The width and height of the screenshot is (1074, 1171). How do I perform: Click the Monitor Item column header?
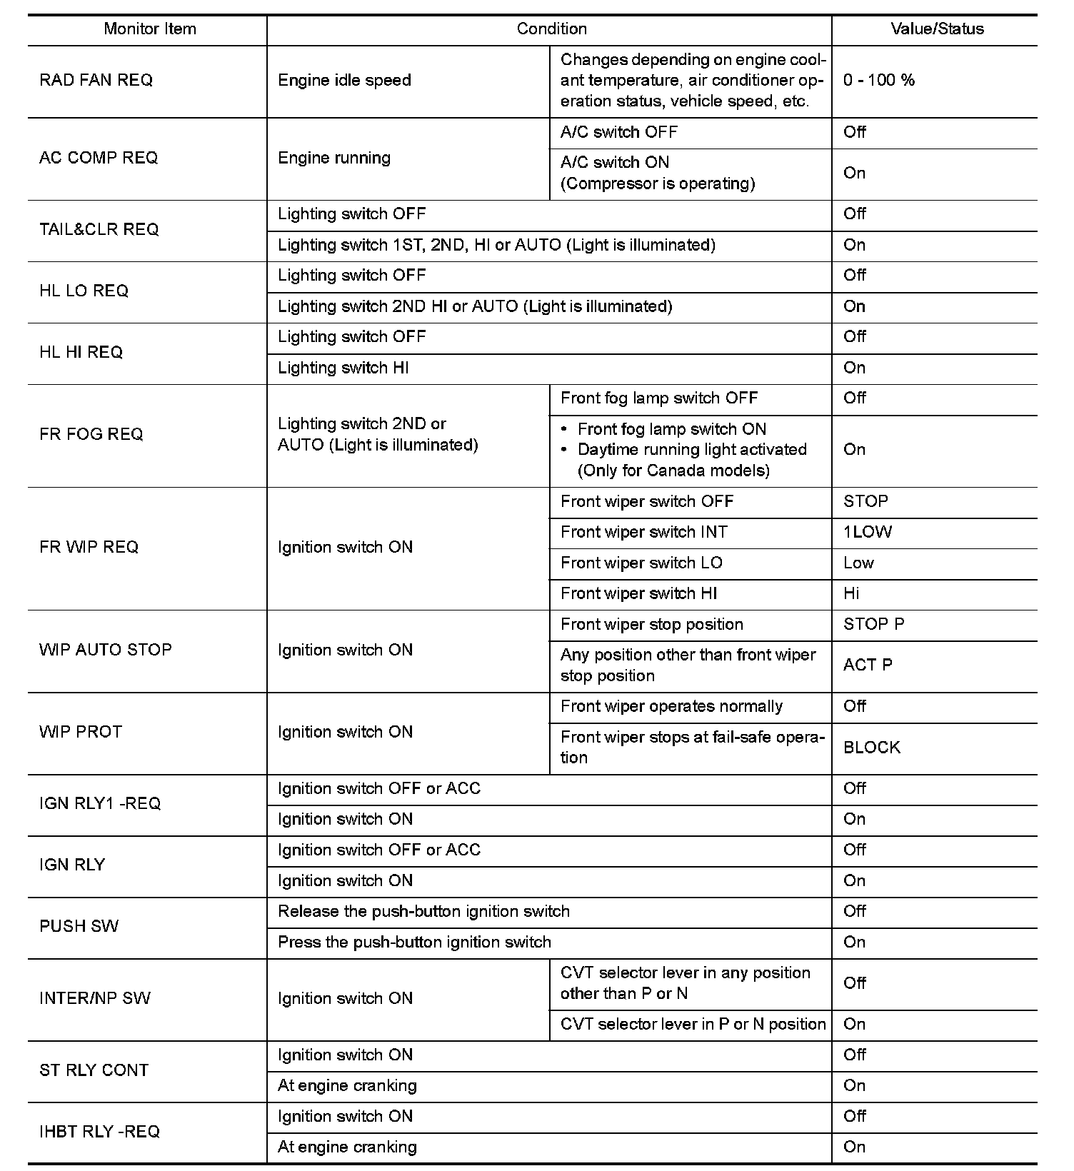tap(149, 29)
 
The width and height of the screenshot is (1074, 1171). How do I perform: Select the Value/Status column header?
tap(937, 29)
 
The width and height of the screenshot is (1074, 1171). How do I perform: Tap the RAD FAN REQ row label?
tap(96, 80)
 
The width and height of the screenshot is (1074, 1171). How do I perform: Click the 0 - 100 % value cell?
tap(878, 80)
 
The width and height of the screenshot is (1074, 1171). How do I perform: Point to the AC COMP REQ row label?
tap(99, 158)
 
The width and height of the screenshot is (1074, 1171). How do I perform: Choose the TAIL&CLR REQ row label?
tap(99, 229)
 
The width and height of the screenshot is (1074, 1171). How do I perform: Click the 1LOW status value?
tap(868, 532)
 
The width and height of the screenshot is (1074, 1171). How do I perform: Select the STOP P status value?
tap(873, 624)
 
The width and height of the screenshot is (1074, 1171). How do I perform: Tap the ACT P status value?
tap(868, 665)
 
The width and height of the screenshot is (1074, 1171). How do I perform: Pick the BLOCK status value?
tap(872, 748)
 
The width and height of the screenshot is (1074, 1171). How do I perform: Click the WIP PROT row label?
tap(81, 732)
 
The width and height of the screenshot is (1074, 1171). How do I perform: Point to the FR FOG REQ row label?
tap(91, 434)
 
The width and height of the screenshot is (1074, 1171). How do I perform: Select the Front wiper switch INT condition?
tap(643, 532)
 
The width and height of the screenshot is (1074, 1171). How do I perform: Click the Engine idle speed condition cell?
tap(344, 80)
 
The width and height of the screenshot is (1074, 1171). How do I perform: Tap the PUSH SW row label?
tap(79, 926)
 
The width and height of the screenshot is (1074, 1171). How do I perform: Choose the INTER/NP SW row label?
tap(95, 998)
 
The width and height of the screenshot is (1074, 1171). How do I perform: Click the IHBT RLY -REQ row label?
tap(99, 1132)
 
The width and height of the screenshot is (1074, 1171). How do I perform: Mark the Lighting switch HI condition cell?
tap(343, 368)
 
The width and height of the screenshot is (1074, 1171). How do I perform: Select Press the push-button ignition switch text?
tap(414, 942)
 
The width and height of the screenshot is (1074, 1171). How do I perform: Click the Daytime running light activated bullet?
tap(691, 450)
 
